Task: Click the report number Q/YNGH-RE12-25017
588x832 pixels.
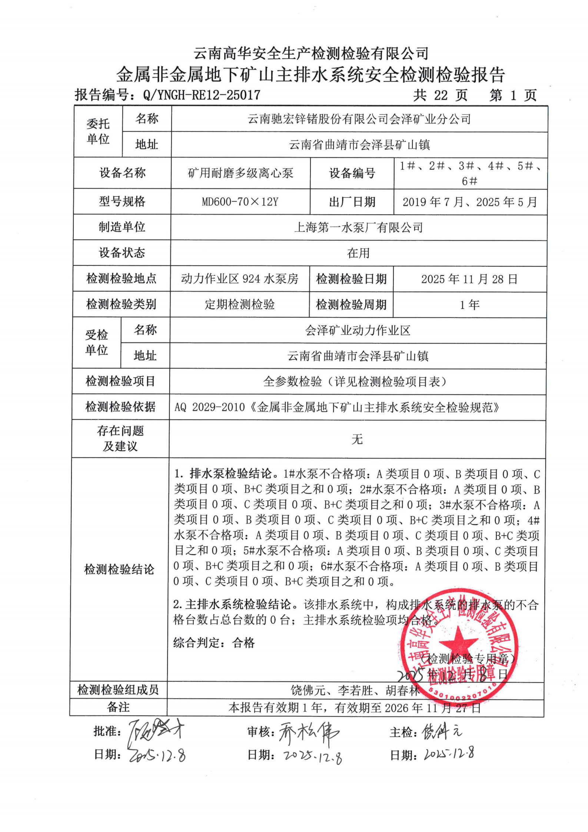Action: [201, 95]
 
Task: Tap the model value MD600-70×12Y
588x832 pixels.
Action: [240, 202]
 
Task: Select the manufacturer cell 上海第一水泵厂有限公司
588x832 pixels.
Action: [358, 227]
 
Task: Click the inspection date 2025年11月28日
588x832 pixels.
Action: [469, 279]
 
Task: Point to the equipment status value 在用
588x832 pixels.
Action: [358, 253]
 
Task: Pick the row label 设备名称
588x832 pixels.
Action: [122, 173]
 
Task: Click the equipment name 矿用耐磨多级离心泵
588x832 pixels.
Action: [240, 173]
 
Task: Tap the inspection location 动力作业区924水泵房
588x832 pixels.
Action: [240, 279]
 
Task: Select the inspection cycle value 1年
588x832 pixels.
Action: [469, 305]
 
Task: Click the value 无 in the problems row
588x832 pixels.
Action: [357, 440]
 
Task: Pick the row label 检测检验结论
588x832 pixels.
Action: [119, 569]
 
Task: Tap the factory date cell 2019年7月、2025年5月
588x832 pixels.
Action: [470, 202]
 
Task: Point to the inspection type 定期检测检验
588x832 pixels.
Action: [240, 305]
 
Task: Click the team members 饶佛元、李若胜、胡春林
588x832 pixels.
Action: [355, 690]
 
